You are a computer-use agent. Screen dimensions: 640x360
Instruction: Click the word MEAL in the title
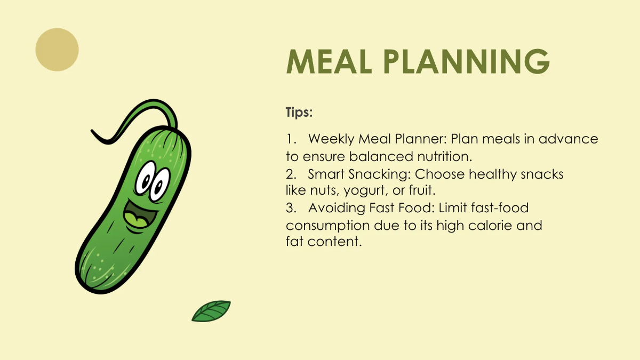pos(329,61)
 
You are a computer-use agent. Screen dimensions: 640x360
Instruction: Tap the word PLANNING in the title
pos(467,61)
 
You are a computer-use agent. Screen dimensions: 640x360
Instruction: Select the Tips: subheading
pos(299,113)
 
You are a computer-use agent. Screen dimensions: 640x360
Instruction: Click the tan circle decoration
pos(57,50)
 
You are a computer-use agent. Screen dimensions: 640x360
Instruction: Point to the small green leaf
pos(211,311)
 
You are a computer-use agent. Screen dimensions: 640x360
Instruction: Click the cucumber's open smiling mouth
pos(140,217)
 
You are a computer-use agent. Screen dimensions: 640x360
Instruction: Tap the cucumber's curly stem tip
pos(92,131)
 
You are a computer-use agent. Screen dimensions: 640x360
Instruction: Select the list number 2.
pos(291,174)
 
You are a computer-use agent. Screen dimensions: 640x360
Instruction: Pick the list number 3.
pos(291,208)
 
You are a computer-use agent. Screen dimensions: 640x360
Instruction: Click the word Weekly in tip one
pos(331,139)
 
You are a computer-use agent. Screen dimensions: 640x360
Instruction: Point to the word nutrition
pos(445,157)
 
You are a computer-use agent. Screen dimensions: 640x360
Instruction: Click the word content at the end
pos(334,242)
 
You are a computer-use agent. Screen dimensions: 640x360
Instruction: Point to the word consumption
pos(328,226)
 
